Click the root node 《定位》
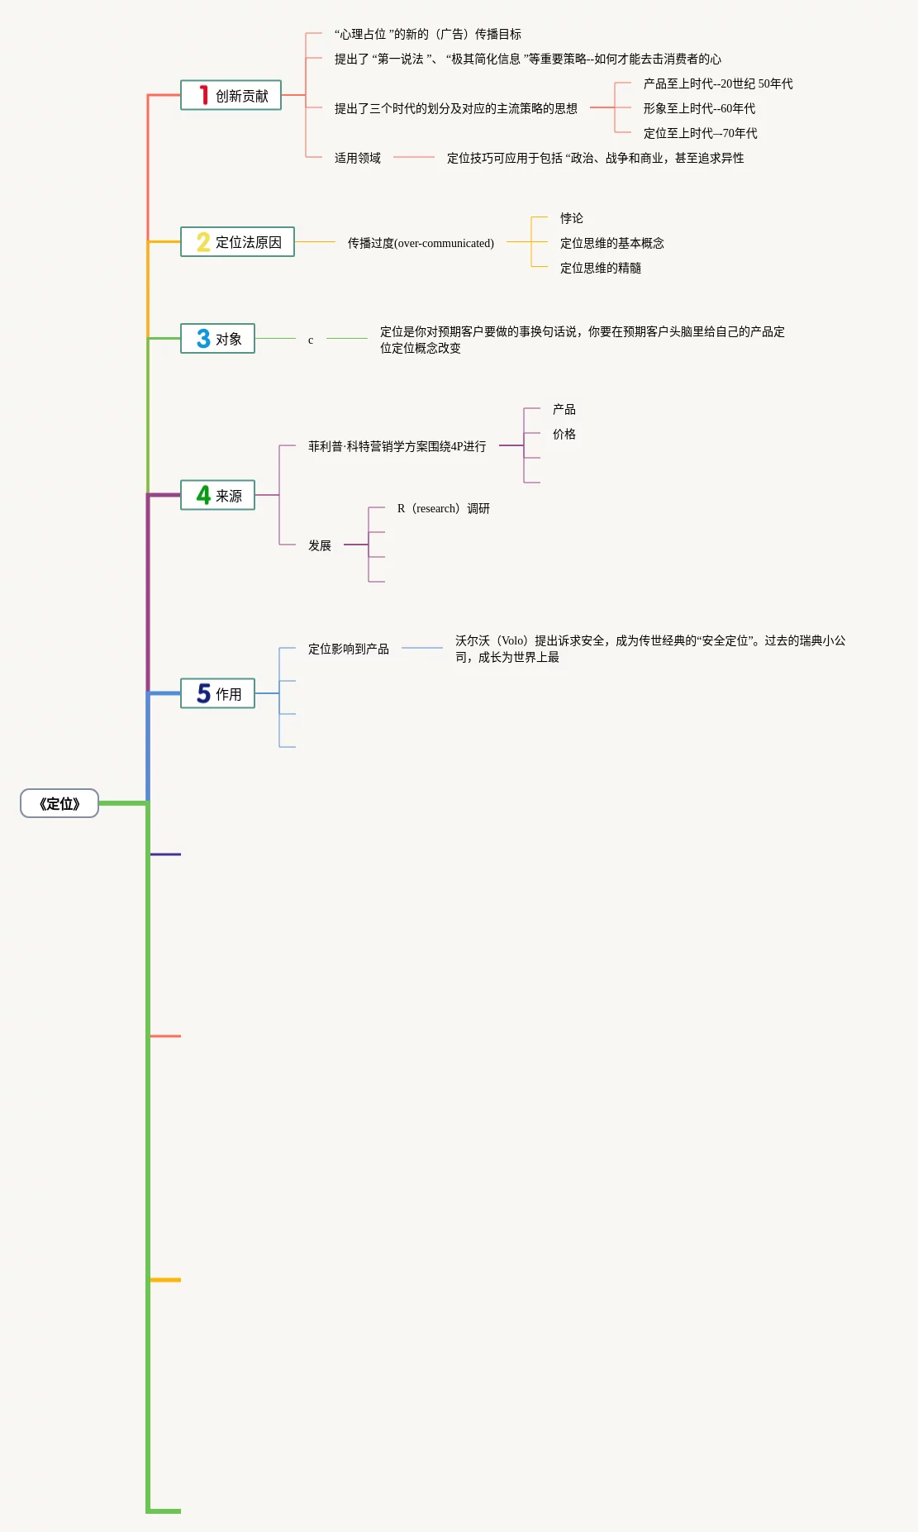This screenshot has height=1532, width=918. (59, 803)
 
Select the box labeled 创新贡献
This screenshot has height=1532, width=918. (231, 96)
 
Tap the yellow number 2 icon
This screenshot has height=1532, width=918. (203, 242)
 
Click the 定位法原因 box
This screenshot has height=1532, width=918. (238, 242)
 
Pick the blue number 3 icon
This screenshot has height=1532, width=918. (203, 339)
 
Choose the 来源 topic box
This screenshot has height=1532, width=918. (218, 496)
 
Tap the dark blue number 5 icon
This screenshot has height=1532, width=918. (203, 693)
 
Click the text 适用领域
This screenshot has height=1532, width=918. (358, 158)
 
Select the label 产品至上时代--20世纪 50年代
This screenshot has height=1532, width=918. (717, 83)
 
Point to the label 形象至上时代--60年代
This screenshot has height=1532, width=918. (699, 108)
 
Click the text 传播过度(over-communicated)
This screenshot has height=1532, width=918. (421, 243)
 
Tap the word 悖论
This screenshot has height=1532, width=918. (572, 218)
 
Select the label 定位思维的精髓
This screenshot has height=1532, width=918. (601, 268)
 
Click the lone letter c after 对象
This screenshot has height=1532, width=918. (311, 340)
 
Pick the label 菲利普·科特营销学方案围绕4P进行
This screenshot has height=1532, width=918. (397, 446)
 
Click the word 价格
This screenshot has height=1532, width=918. (564, 434)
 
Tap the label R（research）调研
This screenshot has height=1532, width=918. (444, 508)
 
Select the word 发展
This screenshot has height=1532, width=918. (320, 545)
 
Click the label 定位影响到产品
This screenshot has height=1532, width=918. (349, 649)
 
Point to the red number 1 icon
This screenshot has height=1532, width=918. (203, 96)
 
